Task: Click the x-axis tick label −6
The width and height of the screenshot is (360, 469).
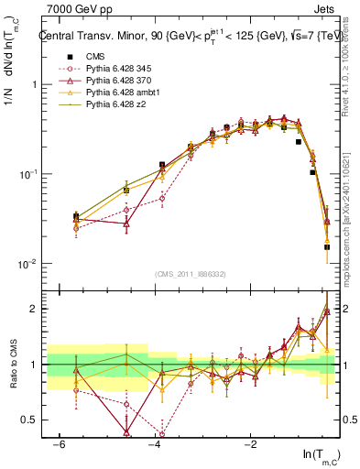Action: coord(58,443)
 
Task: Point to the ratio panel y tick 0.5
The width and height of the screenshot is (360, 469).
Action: coord(32,420)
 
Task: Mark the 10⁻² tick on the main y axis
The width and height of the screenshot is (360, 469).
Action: coord(29,264)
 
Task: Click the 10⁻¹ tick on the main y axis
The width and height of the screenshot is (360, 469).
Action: coord(29,174)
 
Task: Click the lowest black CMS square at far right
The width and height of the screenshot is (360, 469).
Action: coord(327,246)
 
